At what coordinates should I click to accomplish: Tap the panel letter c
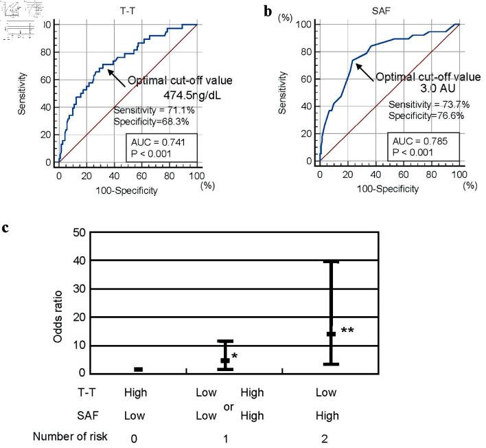coord(6,225)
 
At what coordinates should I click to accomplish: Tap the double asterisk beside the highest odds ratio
coord(347,331)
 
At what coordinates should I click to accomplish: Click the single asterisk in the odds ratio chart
coord(235,355)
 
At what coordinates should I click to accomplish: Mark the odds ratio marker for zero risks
coord(138,370)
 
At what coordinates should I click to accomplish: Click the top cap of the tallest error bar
coord(331,262)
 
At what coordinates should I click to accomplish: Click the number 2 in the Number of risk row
coord(324,437)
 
